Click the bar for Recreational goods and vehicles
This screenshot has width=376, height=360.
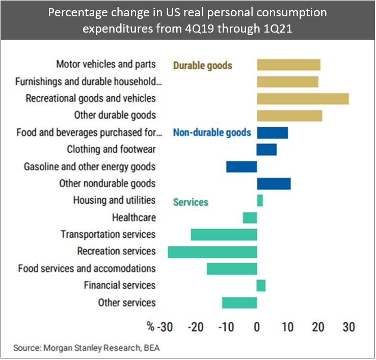point(303,98)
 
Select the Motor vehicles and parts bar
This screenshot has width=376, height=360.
point(288,65)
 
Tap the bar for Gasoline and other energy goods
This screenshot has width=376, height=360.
point(241,167)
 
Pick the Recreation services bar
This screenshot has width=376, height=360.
point(212,252)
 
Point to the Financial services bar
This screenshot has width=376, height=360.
point(261,285)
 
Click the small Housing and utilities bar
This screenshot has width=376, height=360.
point(260,201)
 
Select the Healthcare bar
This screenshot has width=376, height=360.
point(250,218)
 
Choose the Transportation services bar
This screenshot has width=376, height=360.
point(224,234)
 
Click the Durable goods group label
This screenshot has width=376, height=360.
point(203,65)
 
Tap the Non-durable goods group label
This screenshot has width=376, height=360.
point(212,133)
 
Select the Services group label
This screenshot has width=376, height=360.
point(191,202)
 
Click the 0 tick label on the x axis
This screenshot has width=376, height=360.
point(257,326)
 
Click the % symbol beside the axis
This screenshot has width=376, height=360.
point(150,326)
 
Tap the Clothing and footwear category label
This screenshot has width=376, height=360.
point(111,150)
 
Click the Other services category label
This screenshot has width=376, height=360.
point(127,303)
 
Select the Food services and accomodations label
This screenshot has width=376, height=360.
point(87,268)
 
